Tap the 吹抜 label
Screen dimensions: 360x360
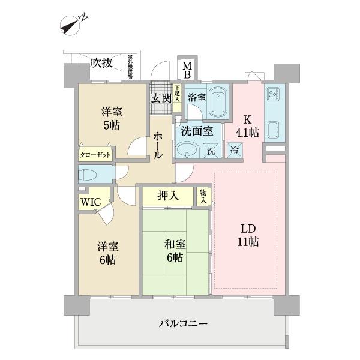point(101,62)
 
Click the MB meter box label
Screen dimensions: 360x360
point(187,70)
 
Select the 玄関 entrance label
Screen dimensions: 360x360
point(161,98)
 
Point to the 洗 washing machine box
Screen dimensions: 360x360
point(211,151)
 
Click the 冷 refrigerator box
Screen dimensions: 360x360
point(233,150)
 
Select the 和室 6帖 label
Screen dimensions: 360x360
point(176,251)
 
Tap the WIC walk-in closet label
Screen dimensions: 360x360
point(91,202)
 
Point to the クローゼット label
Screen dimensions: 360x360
point(95,154)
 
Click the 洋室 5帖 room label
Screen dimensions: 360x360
point(112,118)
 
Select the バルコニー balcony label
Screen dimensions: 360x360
point(183,324)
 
